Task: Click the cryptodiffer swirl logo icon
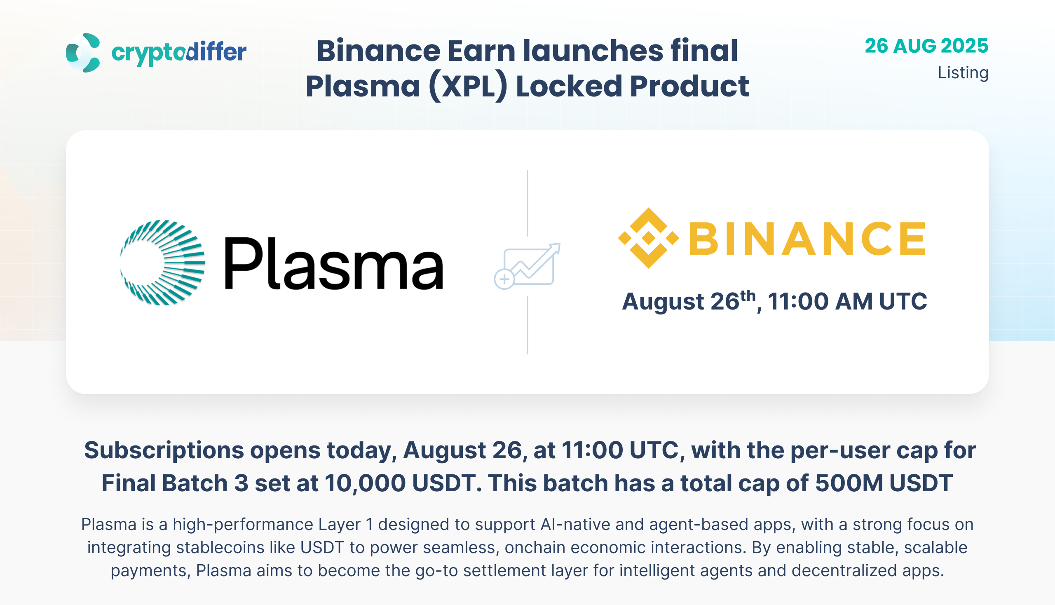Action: pyautogui.click(x=83, y=53)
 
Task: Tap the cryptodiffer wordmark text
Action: pyautogui.click(x=179, y=53)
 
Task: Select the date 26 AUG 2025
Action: pyautogui.click(x=926, y=46)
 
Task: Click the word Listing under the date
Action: pyautogui.click(x=963, y=73)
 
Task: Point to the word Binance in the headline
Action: pyautogui.click(x=378, y=51)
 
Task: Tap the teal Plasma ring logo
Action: pyautogui.click(x=162, y=263)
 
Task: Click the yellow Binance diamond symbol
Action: pyautogui.click(x=649, y=238)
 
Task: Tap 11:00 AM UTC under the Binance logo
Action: pyautogui.click(x=847, y=301)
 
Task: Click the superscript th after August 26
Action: pyautogui.click(x=748, y=296)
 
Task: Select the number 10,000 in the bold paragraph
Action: pyautogui.click(x=365, y=483)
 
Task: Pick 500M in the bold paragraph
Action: pyautogui.click(x=849, y=483)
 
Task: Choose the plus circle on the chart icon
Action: pyautogui.click(x=504, y=279)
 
